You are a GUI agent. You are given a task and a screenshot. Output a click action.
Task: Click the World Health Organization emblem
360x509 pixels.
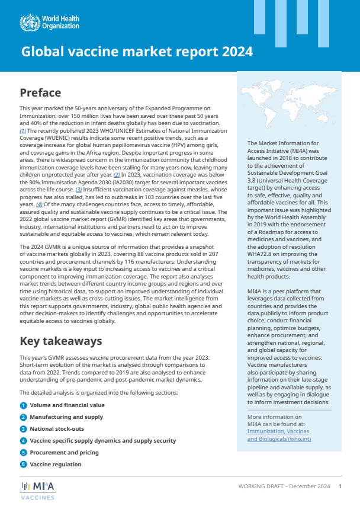point(29,23)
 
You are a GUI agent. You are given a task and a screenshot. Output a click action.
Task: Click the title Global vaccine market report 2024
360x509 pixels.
point(137,52)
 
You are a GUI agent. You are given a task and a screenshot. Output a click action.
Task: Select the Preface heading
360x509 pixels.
point(40,92)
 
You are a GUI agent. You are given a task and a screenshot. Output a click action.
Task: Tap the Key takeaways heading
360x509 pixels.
point(61,341)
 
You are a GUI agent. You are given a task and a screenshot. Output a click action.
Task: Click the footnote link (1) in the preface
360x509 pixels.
point(22,130)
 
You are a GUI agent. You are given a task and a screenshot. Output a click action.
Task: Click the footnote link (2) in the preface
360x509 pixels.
point(117,175)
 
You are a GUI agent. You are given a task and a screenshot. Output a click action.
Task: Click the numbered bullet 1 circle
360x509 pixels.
point(23,405)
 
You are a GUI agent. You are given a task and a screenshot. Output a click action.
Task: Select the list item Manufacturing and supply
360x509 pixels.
point(66,417)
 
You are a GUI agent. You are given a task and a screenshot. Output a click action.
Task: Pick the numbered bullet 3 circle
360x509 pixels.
point(23,429)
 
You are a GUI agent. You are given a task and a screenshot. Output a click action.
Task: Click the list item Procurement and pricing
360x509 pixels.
point(64,452)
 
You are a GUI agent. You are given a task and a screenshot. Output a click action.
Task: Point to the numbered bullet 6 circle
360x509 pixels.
point(23,464)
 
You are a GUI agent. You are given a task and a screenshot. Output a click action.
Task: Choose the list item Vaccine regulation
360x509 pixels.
point(56,464)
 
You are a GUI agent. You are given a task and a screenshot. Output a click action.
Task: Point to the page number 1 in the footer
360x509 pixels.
point(340,486)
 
